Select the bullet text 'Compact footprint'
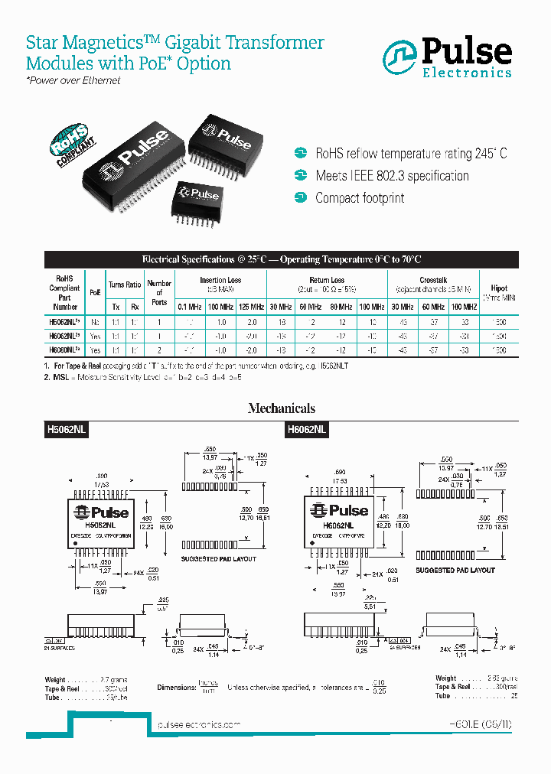click(360, 198)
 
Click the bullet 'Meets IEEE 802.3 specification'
click(392, 176)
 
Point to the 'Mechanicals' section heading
click(281, 408)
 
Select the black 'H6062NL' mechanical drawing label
click(306, 431)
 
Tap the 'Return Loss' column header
click(327, 281)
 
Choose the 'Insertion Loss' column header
click(220, 281)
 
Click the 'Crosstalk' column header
click(433, 281)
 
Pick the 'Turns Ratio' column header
click(125, 285)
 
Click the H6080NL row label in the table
click(64, 350)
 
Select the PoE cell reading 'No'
click(95, 323)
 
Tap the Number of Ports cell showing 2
click(159, 350)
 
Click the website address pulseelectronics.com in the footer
click(198, 724)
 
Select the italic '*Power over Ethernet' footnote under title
click(73, 80)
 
